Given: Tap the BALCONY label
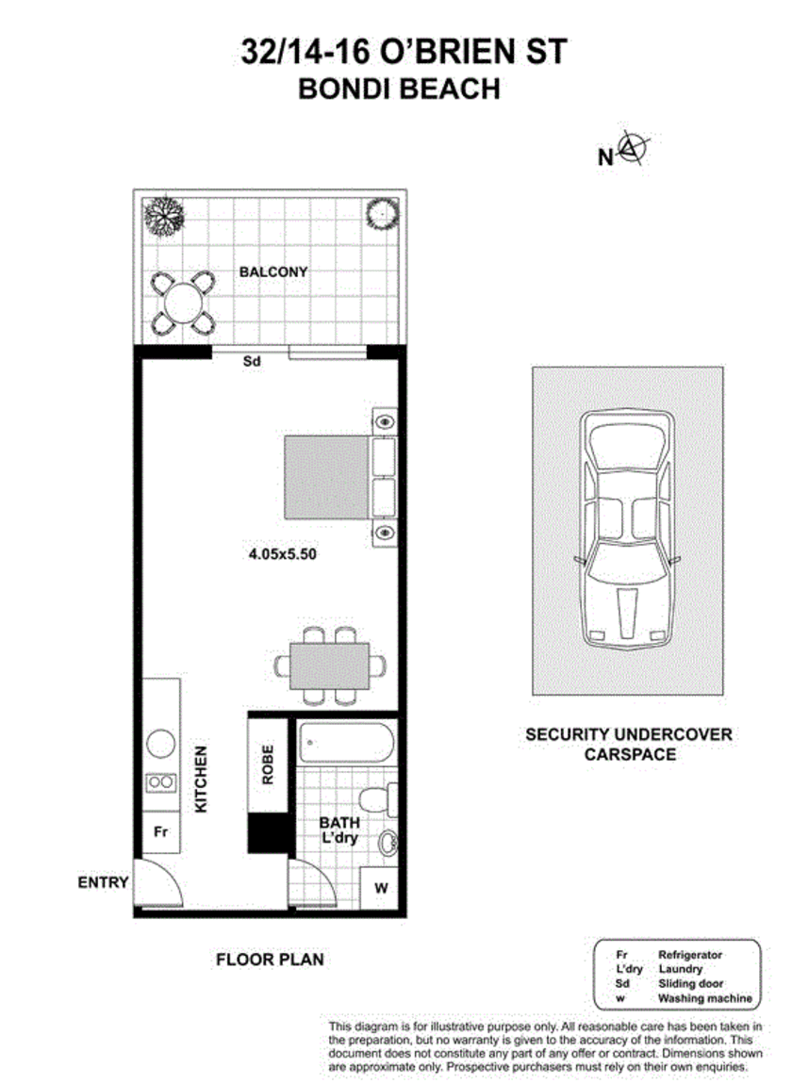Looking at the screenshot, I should pyautogui.click(x=273, y=272).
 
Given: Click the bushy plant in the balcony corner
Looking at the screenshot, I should pyautogui.click(x=163, y=214).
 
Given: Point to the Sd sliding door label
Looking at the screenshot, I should pyautogui.click(x=251, y=361).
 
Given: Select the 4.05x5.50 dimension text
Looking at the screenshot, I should pyautogui.click(x=282, y=554).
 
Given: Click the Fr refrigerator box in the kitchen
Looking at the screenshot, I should pyautogui.click(x=160, y=832).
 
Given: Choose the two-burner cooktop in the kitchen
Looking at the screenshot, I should pyautogui.click(x=160, y=781).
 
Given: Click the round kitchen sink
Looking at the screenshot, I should pyautogui.click(x=160, y=744).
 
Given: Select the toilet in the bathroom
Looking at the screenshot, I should pyautogui.click(x=382, y=798).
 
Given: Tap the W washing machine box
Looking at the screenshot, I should pyautogui.click(x=380, y=887).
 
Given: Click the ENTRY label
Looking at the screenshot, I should pyautogui.click(x=103, y=883).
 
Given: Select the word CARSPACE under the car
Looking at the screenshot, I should pyautogui.click(x=628, y=754).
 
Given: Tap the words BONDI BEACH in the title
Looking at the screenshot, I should pyautogui.click(x=398, y=90).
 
